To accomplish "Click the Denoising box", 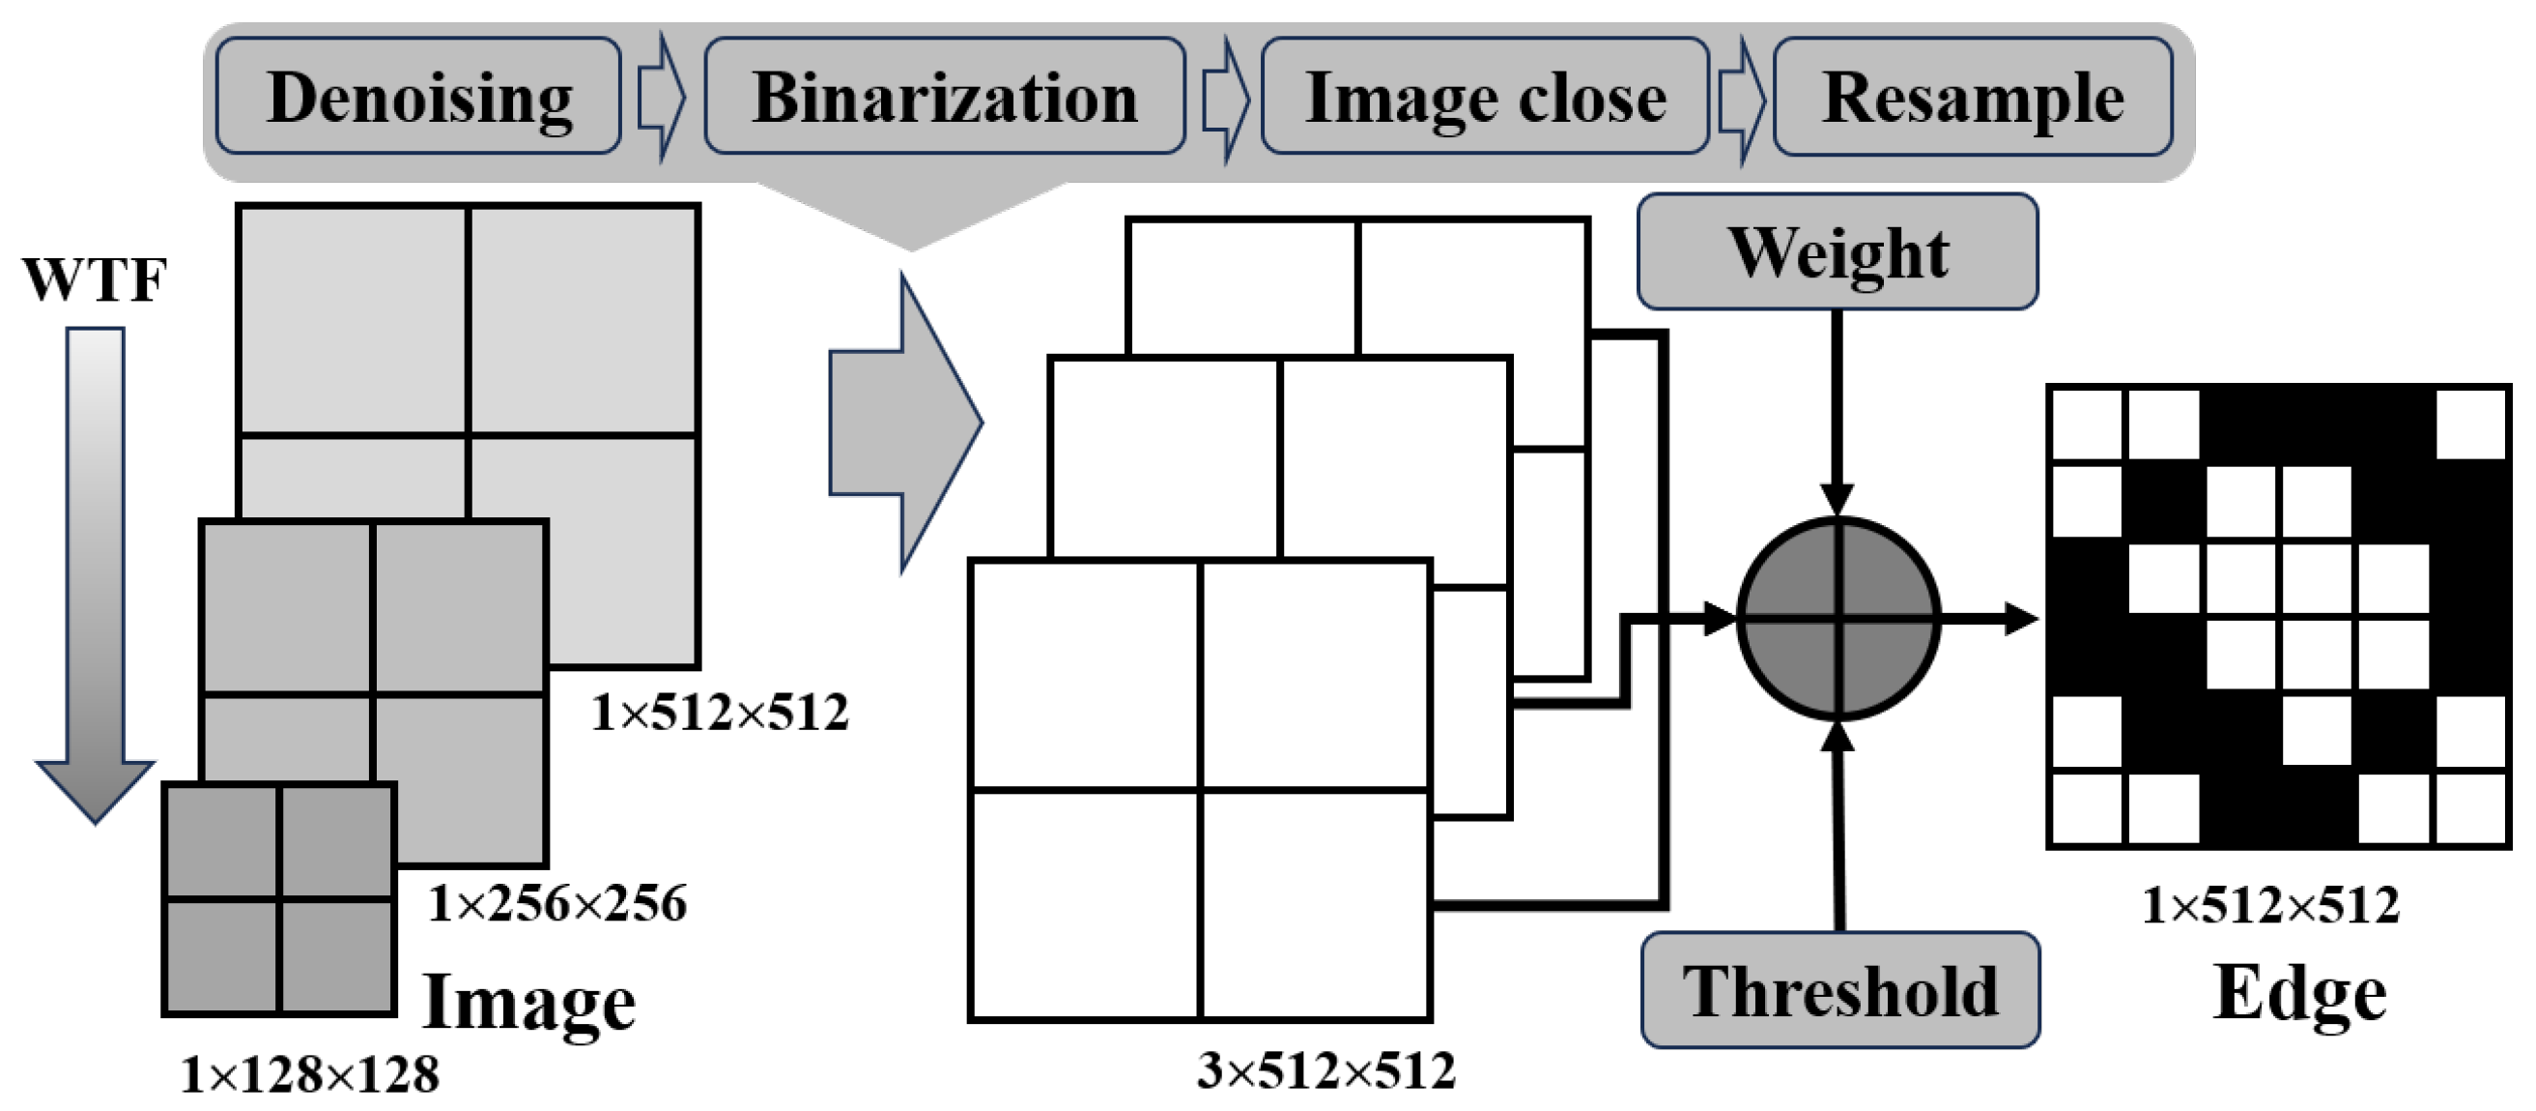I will (418, 97).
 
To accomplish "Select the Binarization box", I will (944, 97).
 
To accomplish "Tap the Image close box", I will (1485, 97).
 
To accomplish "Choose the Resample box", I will (1973, 97).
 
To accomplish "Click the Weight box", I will (1837, 252).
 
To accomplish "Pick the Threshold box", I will (1840, 990).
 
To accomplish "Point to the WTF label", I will (95, 279).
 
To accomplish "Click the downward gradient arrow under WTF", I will (96, 571).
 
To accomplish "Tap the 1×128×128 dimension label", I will (310, 1074).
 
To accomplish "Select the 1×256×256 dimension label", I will (557, 903).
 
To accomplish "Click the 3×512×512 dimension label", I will (1326, 1070).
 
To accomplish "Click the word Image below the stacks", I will (528, 1001).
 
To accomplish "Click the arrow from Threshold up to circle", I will (1839, 828).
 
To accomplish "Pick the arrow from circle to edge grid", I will (1988, 619).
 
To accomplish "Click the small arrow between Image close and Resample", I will (1741, 99).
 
